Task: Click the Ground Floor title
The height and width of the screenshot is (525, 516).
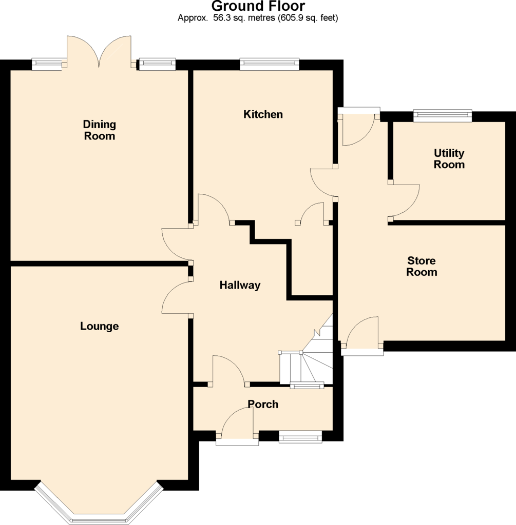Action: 258,6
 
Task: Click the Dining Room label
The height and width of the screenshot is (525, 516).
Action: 100,130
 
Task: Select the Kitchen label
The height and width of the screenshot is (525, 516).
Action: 263,114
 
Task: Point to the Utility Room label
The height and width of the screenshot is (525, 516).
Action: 449,159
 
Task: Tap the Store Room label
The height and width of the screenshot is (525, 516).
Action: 422,266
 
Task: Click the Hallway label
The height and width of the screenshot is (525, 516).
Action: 240,285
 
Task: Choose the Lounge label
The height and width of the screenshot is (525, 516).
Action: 99,326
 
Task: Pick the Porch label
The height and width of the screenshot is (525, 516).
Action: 263,404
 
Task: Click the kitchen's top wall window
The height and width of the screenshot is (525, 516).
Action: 269,64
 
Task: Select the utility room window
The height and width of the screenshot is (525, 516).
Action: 443,116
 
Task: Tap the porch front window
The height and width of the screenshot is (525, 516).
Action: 300,437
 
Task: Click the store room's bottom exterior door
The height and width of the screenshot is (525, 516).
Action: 362,335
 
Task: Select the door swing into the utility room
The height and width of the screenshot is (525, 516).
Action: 404,200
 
